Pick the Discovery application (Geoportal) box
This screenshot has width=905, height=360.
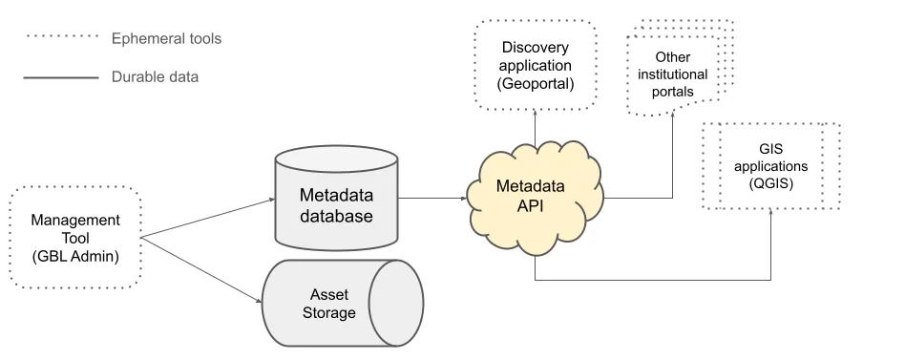coord(535,65)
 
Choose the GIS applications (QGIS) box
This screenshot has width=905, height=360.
coord(770,165)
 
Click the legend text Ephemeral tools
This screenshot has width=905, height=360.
coord(166,39)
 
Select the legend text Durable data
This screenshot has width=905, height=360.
coord(155,76)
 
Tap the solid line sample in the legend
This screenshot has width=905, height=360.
coord(61,76)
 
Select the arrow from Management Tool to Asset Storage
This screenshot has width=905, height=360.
coord(202,270)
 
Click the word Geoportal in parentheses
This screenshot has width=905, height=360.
coord(535,84)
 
